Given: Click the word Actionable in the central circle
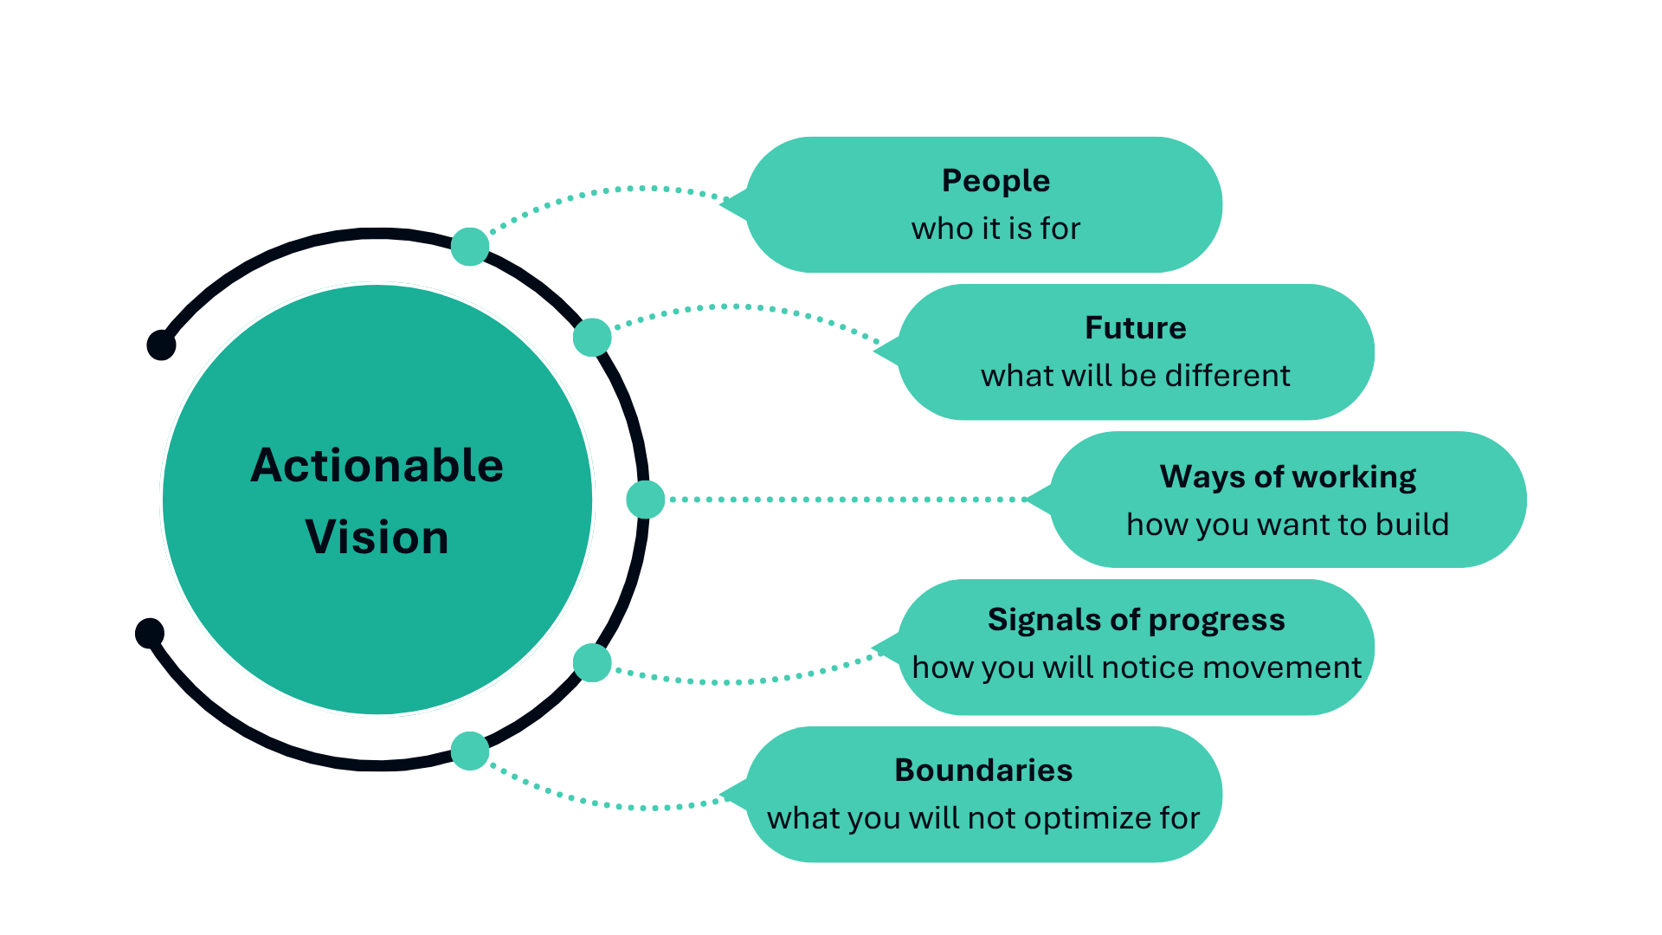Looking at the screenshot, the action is pos(377,466).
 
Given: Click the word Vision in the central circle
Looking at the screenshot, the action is pos(377,538).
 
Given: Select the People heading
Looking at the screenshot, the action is pos(995,182).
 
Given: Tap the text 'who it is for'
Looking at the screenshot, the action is pos(995,229).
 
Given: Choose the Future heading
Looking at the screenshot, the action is pos(1136,328).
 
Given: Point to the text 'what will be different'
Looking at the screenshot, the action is pos(1136,376).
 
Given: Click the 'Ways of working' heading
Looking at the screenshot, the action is pos(1288,477).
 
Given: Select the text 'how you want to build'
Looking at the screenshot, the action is pos(1288,525).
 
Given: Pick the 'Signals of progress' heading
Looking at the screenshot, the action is pos(1137,620).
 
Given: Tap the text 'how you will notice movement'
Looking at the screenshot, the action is pos(1137,667).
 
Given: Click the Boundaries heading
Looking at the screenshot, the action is pos(983,770).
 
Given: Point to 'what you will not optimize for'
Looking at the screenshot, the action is pos(983,818).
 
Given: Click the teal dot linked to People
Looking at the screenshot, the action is pos(470,247).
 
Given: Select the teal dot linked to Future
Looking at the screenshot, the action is pos(592,337).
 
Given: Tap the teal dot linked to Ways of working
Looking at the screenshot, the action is pos(646,500).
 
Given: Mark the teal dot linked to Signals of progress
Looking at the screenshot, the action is pos(592,663).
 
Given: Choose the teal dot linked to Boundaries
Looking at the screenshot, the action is pos(470,751).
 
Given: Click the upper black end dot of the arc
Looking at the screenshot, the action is pos(161,345).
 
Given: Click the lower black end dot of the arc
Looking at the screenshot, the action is pos(150,633).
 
